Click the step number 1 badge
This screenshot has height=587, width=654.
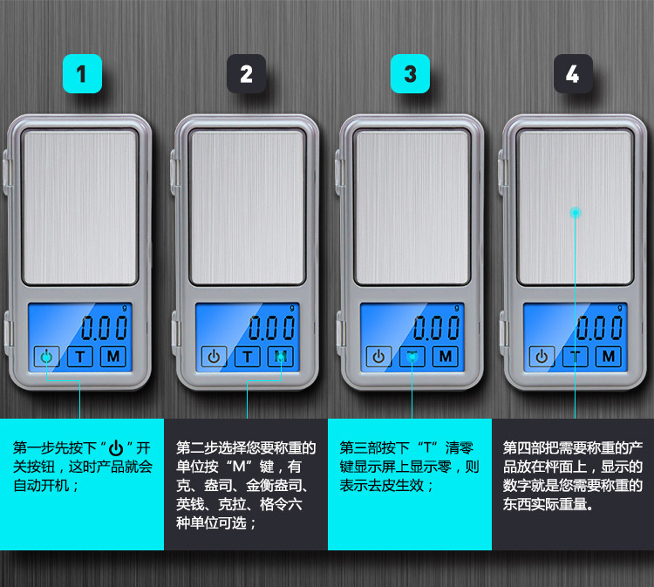[82, 74]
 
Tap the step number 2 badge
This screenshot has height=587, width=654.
[246, 74]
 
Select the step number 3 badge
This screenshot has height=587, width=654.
[410, 74]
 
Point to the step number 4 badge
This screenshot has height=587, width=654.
[573, 74]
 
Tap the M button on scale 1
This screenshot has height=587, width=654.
[112, 356]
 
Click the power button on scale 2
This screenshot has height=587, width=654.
[214, 356]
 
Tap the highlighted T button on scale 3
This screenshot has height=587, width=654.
[412, 356]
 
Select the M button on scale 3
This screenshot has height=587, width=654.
[444, 356]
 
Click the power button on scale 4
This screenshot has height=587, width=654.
[542, 356]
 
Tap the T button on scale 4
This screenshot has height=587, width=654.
[576, 356]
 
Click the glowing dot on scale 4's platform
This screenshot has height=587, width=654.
[575, 212]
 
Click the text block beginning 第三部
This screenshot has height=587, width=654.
[410, 467]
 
